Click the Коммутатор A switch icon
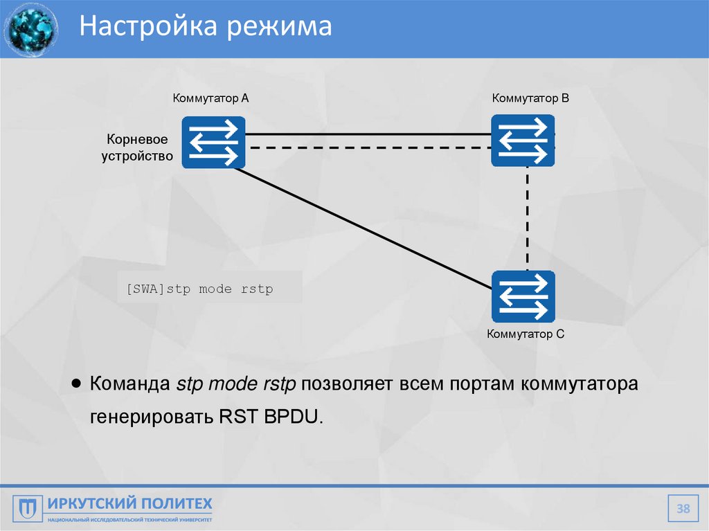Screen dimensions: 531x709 pyautogui.click(x=213, y=142)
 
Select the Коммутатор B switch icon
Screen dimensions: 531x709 pyautogui.click(x=523, y=141)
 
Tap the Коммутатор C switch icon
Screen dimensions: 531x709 pyautogui.click(x=523, y=296)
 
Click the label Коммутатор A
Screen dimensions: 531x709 pyautogui.click(x=210, y=98)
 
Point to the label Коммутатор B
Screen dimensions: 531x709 pyautogui.click(x=530, y=98)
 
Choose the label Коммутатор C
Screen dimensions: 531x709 pyautogui.click(x=526, y=334)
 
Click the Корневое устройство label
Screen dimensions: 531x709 pyautogui.click(x=137, y=148)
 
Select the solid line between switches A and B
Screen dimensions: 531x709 pyautogui.click(x=367, y=134)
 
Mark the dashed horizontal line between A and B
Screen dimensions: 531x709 pyautogui.click(x=367, y=148)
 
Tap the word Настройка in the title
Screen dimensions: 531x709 pyautogui.click(x=142, y=27)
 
